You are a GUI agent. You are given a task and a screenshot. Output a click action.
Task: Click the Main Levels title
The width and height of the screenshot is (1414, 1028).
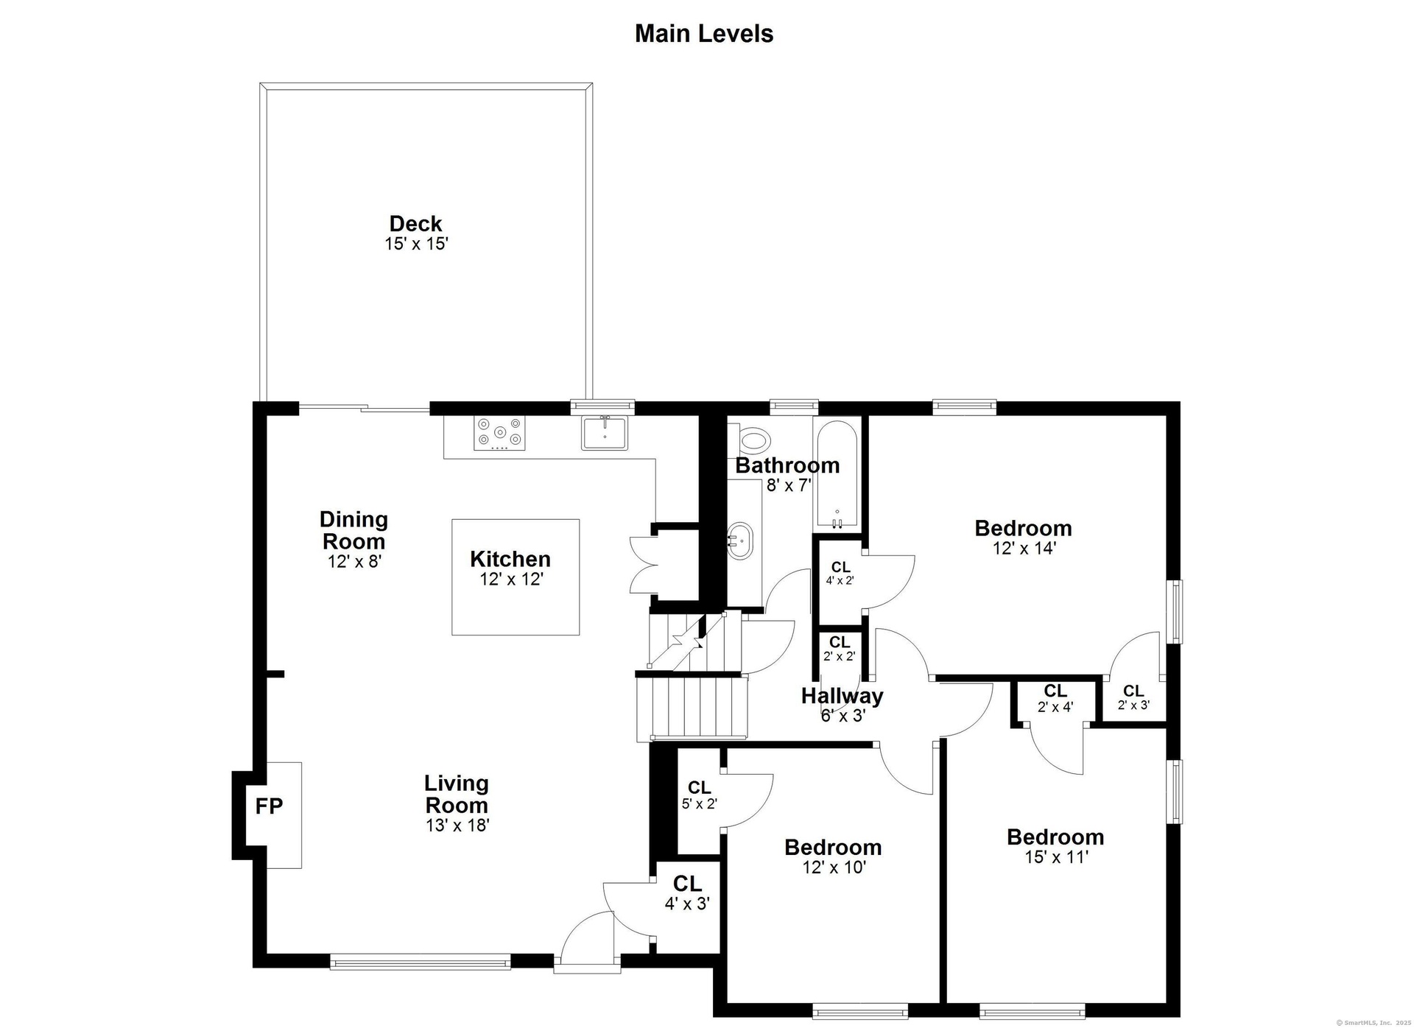pos(704,34)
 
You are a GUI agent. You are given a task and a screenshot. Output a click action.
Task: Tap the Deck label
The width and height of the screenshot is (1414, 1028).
pos(416,223)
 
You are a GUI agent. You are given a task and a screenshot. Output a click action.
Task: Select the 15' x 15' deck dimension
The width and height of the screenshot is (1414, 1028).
pos(416,244)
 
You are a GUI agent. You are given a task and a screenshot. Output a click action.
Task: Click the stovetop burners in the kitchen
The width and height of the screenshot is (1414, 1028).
pos(500,434)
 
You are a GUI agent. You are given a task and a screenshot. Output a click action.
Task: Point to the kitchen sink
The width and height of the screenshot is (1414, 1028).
pos(604,433)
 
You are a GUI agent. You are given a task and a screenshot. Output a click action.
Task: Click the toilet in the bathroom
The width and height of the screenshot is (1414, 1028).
pos(753,441)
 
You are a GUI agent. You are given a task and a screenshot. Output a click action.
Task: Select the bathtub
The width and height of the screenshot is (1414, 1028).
pos(837,475)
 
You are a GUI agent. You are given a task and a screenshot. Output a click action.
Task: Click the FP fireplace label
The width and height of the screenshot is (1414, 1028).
pos(269,807)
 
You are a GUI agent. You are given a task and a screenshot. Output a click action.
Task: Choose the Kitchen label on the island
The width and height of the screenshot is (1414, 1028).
pos(510,559)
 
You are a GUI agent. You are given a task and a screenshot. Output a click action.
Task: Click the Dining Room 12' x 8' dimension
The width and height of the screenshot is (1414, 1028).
pos(354,562)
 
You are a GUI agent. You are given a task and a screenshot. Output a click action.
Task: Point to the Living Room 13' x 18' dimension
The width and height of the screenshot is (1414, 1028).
pos(457,825)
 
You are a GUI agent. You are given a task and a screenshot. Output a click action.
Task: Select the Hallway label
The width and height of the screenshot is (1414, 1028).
pos(842,696)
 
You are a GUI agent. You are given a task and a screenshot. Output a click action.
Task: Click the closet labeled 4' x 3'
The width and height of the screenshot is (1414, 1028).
pos(687,904)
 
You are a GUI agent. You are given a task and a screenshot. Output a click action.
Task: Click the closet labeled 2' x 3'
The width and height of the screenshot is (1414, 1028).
pos(1133,705)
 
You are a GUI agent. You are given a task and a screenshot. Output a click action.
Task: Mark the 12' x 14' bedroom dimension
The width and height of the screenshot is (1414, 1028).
pos(1024,549)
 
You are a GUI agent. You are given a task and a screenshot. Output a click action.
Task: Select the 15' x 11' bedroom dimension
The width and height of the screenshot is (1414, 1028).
pos(1056,857)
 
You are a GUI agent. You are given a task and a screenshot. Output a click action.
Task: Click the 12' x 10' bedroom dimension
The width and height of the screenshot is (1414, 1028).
pos(834,867)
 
